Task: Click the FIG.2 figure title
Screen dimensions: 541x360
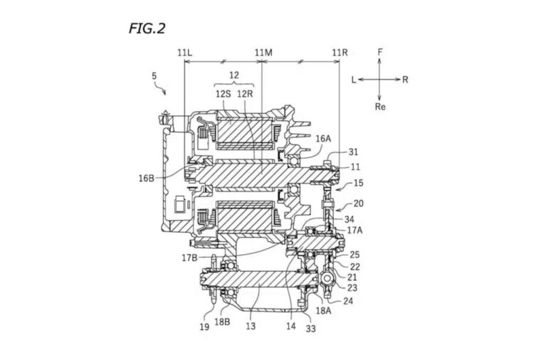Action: click(147, 28)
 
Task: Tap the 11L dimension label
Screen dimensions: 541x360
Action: click(184, 53)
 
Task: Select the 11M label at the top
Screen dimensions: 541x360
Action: click(263, 53)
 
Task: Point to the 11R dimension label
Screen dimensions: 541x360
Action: click(340, 53)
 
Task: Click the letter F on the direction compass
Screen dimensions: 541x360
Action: click(380, 52)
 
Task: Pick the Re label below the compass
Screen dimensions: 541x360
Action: click(380, 107)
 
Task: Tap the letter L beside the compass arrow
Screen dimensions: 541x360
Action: click(354, 80)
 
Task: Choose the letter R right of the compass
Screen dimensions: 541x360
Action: click(405, 80)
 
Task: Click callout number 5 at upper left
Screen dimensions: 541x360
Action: click(154, 76)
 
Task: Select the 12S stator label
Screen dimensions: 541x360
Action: click(224, 94)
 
